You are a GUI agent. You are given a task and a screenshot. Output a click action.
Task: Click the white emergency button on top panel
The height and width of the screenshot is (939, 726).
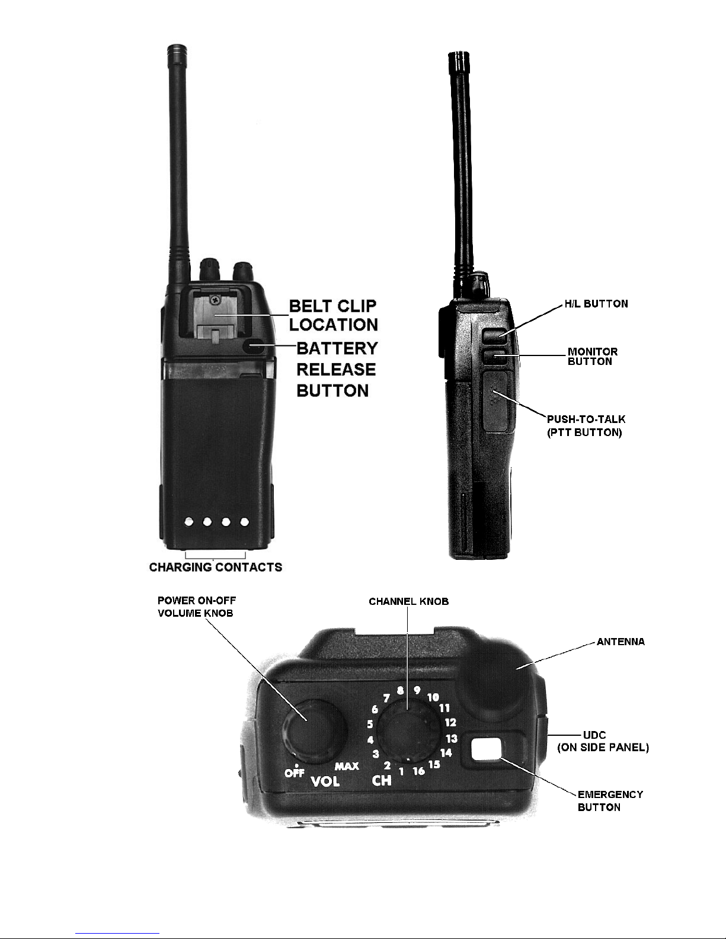tap(486, 749)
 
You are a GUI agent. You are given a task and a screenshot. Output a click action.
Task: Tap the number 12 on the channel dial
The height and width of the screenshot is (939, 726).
tap(450, 722)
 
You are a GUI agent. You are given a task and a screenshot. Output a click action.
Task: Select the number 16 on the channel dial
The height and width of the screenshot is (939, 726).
tap(418, 771)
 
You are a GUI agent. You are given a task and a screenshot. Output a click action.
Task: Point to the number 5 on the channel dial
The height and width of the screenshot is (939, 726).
tap(370, 724)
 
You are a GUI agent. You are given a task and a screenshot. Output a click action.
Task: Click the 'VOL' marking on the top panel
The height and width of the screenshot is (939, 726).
tap(325, 781)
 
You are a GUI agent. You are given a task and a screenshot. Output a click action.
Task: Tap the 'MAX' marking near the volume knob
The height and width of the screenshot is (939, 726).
tap(347, 766)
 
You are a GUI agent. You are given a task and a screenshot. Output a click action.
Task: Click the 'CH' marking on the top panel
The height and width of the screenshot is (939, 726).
tap(382, 780)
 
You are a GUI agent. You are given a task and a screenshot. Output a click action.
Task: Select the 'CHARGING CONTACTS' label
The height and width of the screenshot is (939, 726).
tap(215, 567)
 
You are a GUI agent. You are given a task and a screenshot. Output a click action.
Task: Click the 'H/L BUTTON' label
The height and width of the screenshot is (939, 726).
tap(596, 304)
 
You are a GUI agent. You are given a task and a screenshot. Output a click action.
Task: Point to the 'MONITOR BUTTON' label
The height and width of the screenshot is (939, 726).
tap(593, 357)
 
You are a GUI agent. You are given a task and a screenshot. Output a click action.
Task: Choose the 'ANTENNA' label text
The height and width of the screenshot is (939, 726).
tap(621, 642)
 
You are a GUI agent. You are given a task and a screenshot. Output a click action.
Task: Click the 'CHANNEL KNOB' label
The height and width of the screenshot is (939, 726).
tap(408, 601)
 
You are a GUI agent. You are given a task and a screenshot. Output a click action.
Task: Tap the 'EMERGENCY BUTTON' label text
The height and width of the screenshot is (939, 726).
tap(610, 801)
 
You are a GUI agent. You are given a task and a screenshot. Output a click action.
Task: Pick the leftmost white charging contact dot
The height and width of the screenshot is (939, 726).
tap(189, 522)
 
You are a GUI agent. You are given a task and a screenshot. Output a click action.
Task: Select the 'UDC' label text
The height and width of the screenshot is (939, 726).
tap(594, 735)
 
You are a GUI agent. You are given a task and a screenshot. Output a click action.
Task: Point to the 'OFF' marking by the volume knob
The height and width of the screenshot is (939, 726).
tap(295, 773)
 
